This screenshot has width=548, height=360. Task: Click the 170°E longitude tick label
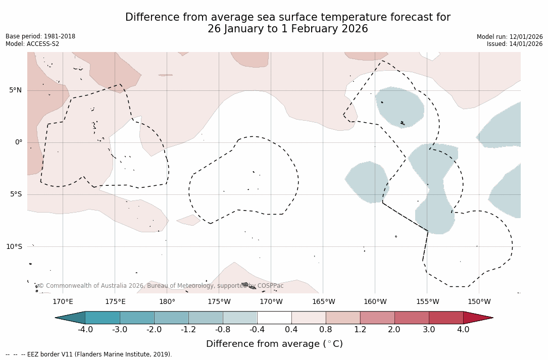tap(63, 302)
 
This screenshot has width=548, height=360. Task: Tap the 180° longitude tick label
tap(167, 302)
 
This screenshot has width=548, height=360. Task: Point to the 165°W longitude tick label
tap(323, 302)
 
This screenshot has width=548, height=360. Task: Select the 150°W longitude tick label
tap(479, 302)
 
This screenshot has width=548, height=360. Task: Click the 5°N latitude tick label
tap(16, 90)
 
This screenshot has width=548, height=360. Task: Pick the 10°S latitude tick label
tap(14, 246)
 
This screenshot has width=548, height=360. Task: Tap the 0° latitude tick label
tap(19, 142)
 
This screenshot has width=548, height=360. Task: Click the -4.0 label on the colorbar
tap(85, 330)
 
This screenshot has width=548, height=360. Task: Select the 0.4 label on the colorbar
tap(291, 330)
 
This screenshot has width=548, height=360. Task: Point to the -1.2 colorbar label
tap(188, 330)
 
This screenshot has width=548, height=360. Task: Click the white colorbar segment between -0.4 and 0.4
tap(274, 318)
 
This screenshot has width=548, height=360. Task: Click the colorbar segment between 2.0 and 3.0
tap(412, 318)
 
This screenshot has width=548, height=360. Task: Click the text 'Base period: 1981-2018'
tap(40, 36)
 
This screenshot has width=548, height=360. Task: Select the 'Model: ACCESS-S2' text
tap(32, 44)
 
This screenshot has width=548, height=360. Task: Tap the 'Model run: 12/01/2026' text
tap(510, 37)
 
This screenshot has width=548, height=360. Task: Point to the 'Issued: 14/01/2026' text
tap(515, 44)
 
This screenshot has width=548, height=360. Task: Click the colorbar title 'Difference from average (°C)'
tap(274, 344)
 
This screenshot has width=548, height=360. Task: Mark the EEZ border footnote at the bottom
tap(89, 354)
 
